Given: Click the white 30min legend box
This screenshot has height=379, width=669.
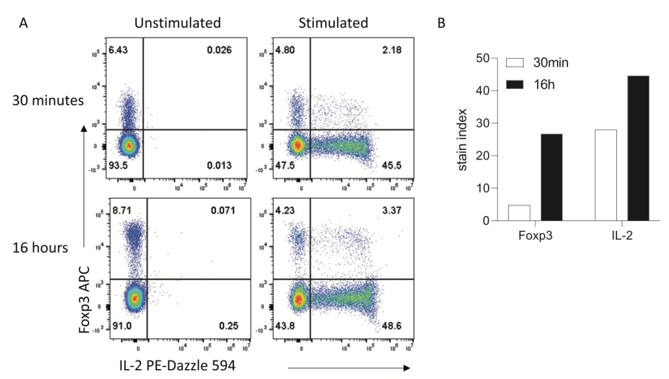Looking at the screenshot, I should point(515,63).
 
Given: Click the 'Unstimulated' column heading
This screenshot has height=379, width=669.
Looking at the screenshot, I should point(178,24).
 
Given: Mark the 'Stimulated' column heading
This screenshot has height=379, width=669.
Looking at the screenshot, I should point(333,24).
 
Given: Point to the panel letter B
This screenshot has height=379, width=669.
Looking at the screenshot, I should point(442,24).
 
